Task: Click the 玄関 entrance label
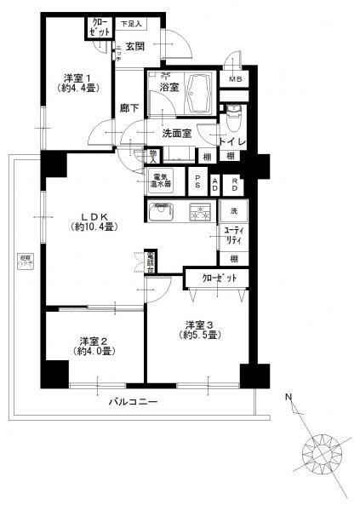135,45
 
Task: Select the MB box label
235,82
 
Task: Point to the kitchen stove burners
201,213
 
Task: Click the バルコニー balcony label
134,402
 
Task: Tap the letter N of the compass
289,397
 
